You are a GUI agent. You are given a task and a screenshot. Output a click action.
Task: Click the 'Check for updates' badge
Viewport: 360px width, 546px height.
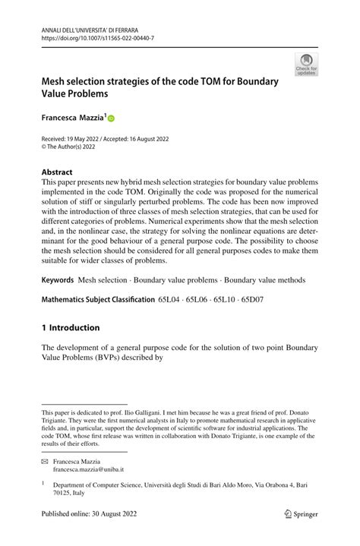click(x=308, y=65)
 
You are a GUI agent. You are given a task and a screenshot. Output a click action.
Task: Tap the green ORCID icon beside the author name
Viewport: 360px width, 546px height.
click(x=112, y=118)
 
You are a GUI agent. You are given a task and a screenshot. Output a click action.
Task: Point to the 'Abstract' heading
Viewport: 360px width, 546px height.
click(x=58, y=172)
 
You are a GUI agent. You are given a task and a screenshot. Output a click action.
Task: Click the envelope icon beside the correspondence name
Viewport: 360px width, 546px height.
click(x=46, y=460)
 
